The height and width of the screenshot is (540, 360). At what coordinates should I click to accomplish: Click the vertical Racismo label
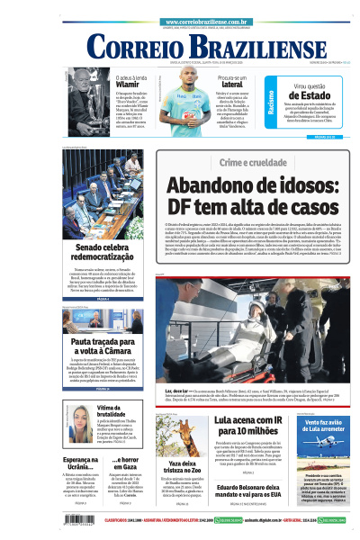pyautogui.click(x=271, y=101)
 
